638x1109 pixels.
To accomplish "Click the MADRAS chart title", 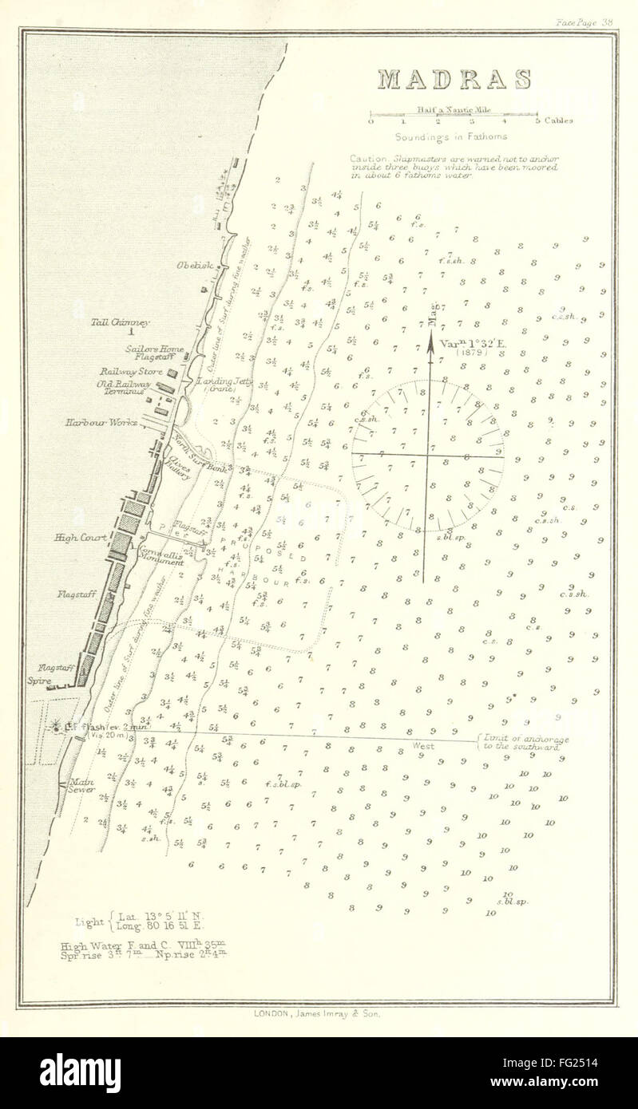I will [x=454, y=80].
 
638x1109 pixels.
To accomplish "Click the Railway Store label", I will [x=131, y=372].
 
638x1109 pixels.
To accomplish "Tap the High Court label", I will [x=76, y=538].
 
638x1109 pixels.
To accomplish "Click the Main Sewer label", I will [x=84, y=787].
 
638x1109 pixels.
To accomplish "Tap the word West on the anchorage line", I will [x=423, y=745].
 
